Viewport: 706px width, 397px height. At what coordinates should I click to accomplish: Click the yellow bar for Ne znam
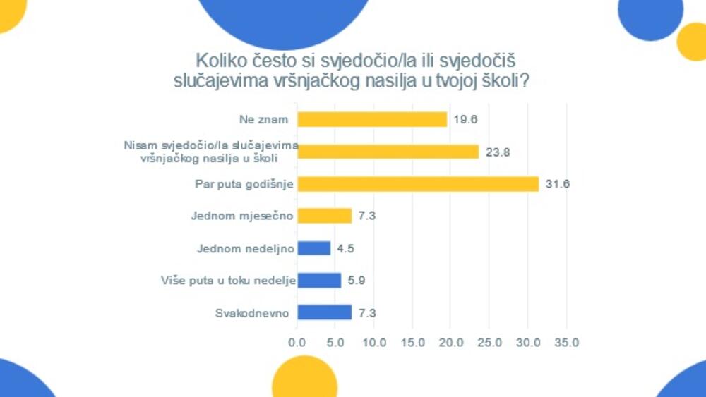(372, 119)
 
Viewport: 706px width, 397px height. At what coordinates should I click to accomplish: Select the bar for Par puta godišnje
(418, 184)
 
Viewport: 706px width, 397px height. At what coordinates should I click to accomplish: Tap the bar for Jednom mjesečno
(324, 216)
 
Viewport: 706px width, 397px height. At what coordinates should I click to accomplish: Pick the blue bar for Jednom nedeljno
(313, 248)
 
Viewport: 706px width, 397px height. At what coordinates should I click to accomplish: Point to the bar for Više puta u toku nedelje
(319, 281)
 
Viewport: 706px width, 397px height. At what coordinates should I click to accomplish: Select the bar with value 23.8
(388, 152)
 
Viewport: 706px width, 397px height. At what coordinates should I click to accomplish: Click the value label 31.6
(557, 184)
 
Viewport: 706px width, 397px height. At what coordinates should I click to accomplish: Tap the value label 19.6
(465, 119)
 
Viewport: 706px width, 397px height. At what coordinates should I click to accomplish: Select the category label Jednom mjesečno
(242, 216)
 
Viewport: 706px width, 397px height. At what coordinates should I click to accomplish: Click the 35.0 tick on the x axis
(566, 343)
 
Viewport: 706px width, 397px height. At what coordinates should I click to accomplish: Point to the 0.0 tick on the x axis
(297, 343)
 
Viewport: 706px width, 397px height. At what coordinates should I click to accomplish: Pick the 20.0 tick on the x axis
(451, 343)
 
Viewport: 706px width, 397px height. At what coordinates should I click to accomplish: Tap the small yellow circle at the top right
(692, 41)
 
